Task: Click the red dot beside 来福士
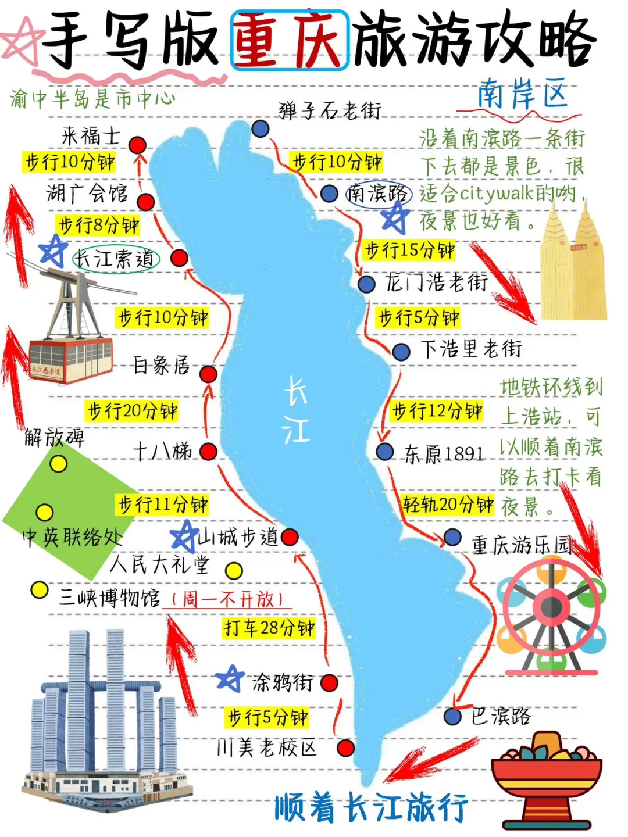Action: (x=138, y=144)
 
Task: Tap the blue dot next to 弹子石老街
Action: (x=261, y=128)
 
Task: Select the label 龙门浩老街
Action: (x=436, y=283)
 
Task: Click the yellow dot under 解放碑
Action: (x=58, y=464)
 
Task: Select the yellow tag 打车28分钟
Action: (x=269, y=628)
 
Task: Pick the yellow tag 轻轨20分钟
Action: (x=448, y=504)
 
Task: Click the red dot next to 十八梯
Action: (x=208, y=452)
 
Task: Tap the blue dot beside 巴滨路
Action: (x=452, y=716)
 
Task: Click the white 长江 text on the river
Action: (x=295, y=410)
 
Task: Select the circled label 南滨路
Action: (x=379, y=194)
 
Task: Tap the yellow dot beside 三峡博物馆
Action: (x=39, y=590)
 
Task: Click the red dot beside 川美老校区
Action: (x=346, y=747)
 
